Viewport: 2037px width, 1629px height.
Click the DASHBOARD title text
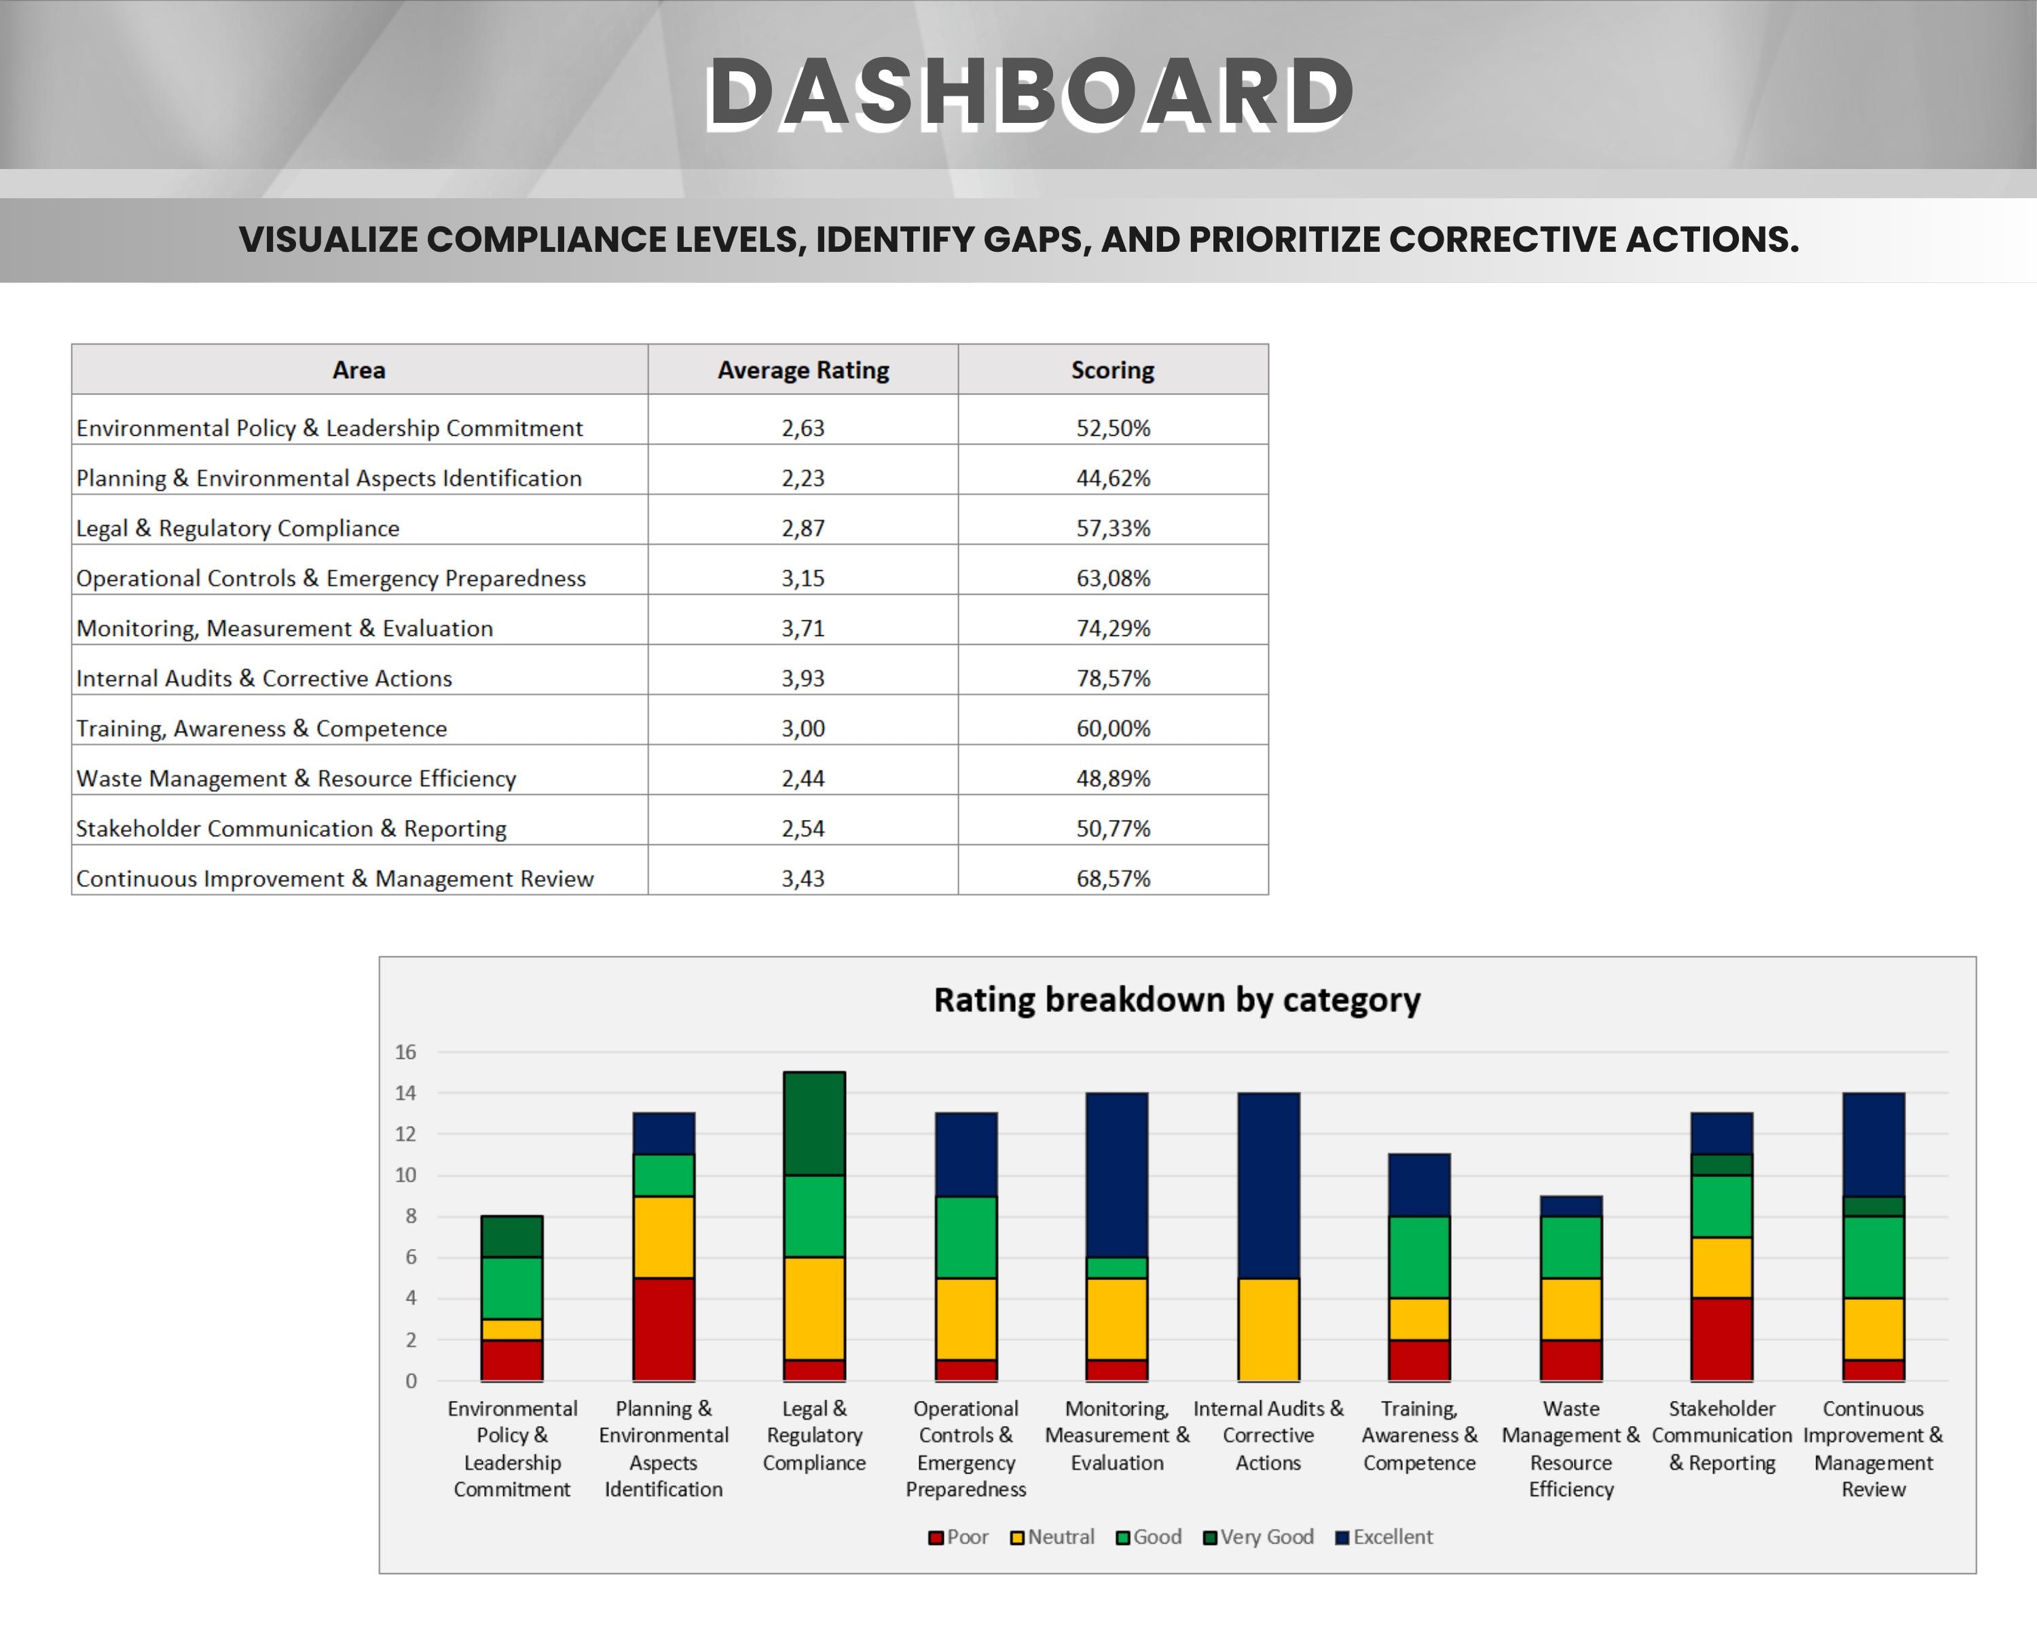(x=1030, y=92)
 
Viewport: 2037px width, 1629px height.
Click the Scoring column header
(x=1112, y=370)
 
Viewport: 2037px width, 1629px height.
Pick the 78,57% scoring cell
(x=1112, y=678)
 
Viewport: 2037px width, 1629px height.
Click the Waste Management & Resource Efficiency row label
(x=296, y=778)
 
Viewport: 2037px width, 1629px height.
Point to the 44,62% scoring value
(x=1112, y=478)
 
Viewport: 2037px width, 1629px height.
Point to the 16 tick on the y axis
(x=405, y=1052)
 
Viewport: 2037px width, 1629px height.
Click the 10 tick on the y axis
(x=405, y=1175)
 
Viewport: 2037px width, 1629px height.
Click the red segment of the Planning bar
(x=663, y=1329)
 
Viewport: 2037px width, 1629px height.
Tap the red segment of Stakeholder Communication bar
(x=1721, y=1339)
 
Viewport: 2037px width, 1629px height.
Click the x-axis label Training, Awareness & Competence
(x=1419, y=1436)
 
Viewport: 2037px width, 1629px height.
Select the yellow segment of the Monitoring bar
(x=1117, y=1318)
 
